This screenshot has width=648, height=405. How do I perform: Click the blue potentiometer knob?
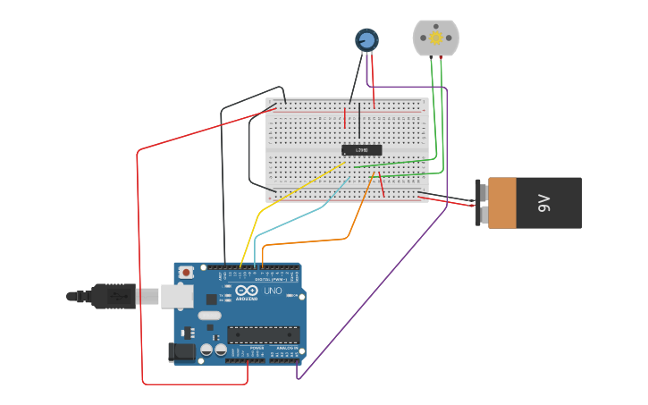tap(366, 39)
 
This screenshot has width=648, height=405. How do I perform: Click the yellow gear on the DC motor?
tap(435, 38)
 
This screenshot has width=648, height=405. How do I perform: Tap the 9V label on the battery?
tap(543, 203)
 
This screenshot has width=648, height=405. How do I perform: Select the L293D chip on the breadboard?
tap(362, 149)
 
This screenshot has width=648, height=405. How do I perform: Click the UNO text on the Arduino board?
tap(273, 291)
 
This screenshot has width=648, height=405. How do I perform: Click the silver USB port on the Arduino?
tap(176, 296)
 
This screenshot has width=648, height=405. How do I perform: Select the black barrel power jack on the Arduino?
tap(182, 352)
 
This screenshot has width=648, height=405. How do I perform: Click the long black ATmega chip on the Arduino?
tap(263, 335)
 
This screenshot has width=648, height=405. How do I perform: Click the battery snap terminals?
tap(483, 203)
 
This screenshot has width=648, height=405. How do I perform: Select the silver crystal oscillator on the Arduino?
tap(209, 315)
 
